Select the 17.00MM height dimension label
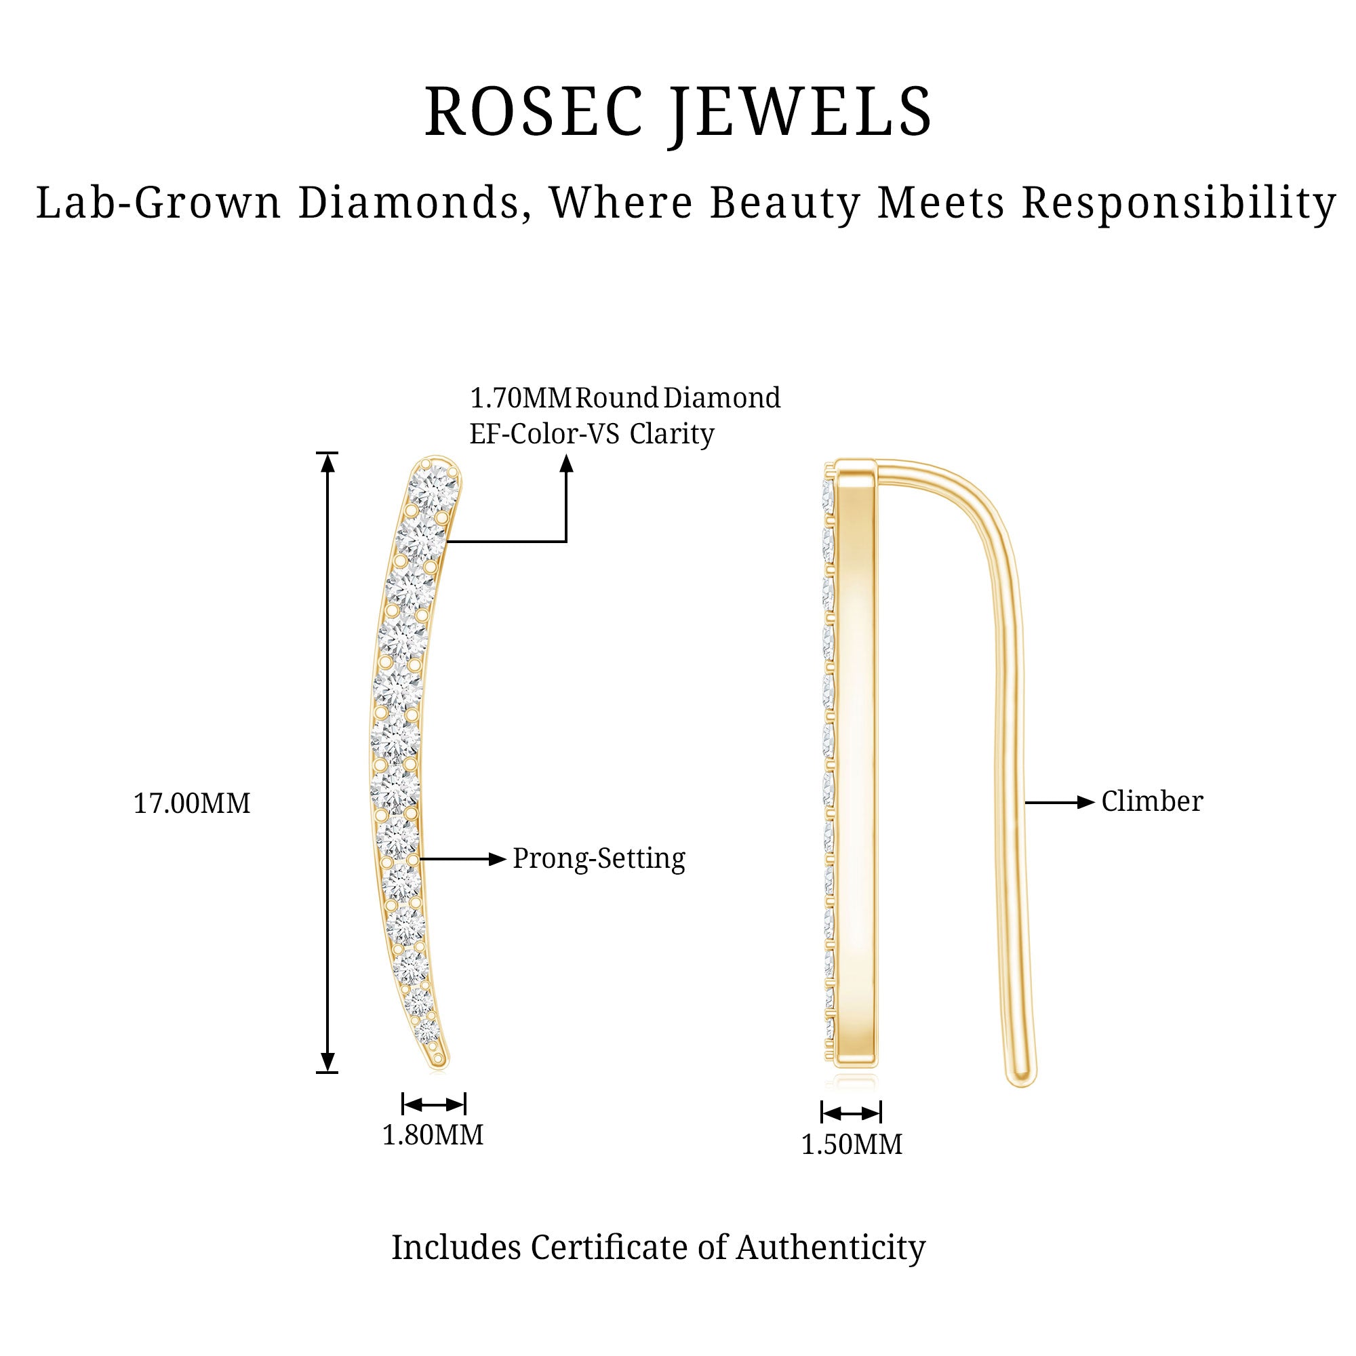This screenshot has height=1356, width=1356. (x=192, y=803)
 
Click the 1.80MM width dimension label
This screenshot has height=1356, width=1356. (x=433, y=1134)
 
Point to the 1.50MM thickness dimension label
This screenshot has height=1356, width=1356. (x=852, y=1144)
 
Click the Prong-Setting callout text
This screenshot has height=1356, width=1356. (x=599, y=858)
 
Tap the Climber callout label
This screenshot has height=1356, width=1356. (x=1152, y=801)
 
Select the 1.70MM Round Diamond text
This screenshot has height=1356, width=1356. (x=624, y=398)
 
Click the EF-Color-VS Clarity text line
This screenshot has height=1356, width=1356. (x=592, y=434)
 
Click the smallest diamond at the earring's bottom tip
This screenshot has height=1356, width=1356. (x=427, y=1033)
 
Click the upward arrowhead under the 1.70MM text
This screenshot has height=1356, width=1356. (x=566, y=463)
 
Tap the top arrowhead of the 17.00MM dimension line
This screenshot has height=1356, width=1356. (x=327, y=462)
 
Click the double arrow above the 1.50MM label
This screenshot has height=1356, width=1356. (x=851, y=1113)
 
